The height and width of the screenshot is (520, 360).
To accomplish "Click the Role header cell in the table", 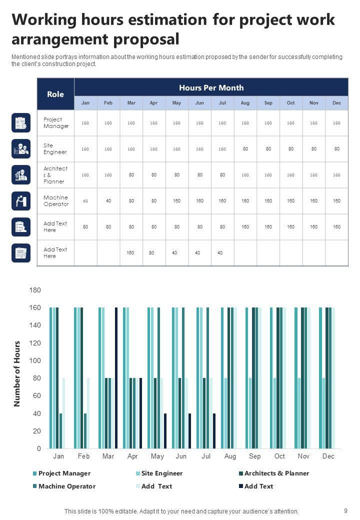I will point(55,94).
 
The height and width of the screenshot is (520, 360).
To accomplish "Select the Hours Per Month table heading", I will point(211,88).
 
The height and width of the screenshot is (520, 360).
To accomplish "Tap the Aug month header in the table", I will point(245,103).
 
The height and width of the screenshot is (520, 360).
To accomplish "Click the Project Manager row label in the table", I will point(56,123).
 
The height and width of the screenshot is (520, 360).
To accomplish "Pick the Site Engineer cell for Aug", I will point(245,148).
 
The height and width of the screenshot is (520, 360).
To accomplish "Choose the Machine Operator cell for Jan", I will point(85,201).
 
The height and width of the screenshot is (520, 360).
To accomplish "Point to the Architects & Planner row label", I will point(55,175).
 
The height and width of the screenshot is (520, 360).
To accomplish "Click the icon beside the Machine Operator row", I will point(21,201).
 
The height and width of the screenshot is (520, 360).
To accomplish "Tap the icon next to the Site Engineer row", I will point(21,148).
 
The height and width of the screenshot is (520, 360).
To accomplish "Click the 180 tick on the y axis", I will point(35,290).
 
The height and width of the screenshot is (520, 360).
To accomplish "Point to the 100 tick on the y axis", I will point(35,360).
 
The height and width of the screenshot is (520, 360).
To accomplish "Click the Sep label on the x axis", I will point(254,456).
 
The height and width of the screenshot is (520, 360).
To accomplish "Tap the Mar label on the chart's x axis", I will point(108,456).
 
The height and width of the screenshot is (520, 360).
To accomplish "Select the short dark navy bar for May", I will point(165,431).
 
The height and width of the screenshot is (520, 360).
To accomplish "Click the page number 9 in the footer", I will point(346,511).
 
